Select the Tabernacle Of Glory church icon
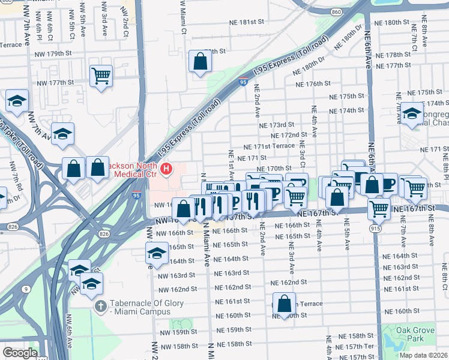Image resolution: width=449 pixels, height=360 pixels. (x=101, y=306)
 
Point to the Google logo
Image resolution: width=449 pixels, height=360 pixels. (x=20, y=353)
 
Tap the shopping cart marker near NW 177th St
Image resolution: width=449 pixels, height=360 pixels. (x=101, y=76)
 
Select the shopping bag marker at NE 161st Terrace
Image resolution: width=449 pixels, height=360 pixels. (x=285, y=303)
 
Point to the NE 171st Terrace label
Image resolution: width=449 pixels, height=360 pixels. (x=268, y=146)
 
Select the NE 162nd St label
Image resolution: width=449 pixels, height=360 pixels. (x=289, y=282)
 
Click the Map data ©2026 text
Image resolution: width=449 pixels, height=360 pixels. (x=423, y=355)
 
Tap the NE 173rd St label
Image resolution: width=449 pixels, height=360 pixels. (x=277, y=125)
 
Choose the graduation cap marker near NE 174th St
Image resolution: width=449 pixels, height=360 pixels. (x=412, y=113)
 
